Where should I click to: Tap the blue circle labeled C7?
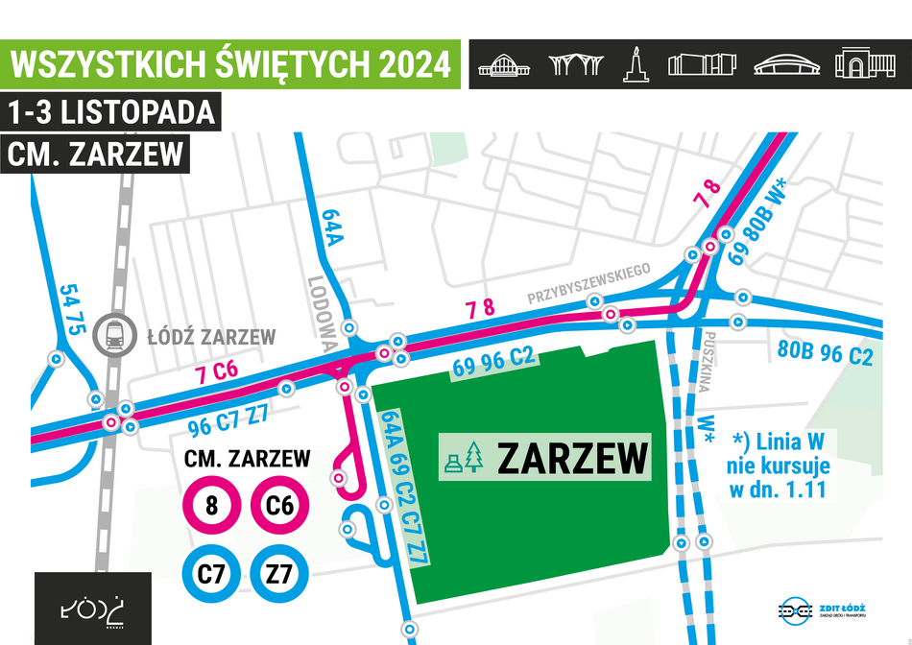[211, 574]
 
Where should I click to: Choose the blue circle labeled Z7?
[279, 574]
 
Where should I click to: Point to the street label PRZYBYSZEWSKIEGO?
[589, 284]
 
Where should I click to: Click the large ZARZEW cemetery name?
[571, 458]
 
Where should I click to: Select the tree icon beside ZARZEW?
[473, 459]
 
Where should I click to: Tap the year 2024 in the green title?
[414, 64]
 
